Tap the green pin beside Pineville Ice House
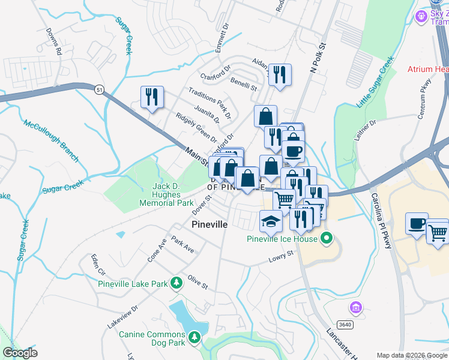click(327, 239)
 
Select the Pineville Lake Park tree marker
click(176, 282)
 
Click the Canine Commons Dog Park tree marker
click(194, 338)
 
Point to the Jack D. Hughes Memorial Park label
click(166, 195)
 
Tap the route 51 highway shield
click(98, 89)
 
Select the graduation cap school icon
click(271, 221)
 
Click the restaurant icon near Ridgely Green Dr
click(152, 97)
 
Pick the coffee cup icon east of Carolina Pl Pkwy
click(417, 223)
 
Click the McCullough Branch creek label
click(51, 141)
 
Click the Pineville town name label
click(209, 224)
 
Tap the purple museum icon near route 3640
click(356, 308)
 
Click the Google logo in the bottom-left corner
click(20, 353)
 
